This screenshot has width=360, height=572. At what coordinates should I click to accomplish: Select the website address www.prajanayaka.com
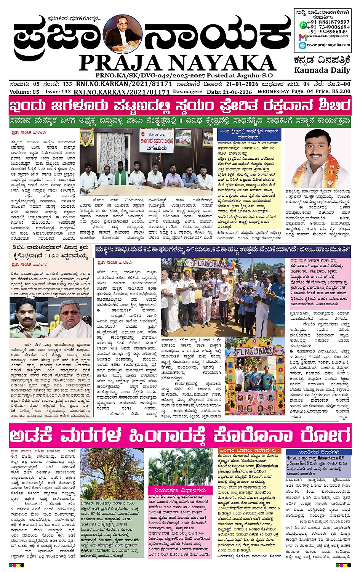tap(328, 45)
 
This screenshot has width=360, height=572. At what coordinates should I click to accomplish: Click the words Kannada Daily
tap(322, 70)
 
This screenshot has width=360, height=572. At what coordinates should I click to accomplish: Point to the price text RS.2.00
tap(341, 91)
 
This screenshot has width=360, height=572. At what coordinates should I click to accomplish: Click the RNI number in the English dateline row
tap(122, 92)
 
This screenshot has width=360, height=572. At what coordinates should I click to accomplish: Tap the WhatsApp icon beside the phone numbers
tap(303, 25)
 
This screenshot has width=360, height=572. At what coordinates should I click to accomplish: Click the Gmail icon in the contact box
tap(302, 37)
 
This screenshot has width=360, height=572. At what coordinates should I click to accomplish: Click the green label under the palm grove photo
tap(180, 490)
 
